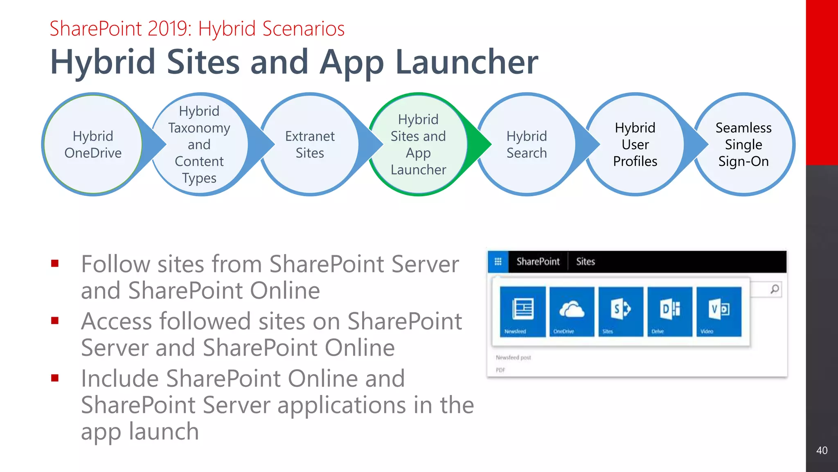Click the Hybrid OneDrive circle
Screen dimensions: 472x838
point(93,144)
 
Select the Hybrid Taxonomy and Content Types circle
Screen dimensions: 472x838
point(199,144)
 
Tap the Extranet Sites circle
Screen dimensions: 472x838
point(310,144)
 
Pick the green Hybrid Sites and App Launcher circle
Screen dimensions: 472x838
point(418,144)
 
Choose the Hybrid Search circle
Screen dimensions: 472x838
point(527,144)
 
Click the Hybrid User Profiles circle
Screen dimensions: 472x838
point(635,144)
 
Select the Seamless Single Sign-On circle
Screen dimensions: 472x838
point(743,144)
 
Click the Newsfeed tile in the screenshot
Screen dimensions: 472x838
point(523,311)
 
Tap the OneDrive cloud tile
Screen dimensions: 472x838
point(572,311)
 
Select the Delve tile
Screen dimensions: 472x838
point(670,311)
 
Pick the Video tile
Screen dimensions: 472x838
point(719,311)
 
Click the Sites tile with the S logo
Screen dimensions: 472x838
point(621,311)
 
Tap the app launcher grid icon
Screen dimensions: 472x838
point(498,261)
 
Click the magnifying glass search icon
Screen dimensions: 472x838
point(775,289)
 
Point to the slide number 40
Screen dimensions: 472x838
point(822,450)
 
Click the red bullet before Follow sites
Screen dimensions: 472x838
point(55,263)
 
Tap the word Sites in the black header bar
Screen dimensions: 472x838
point(585,261)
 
